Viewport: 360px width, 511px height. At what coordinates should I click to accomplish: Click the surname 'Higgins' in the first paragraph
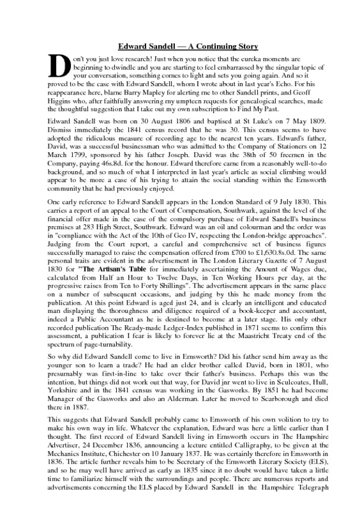point(64,101)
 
